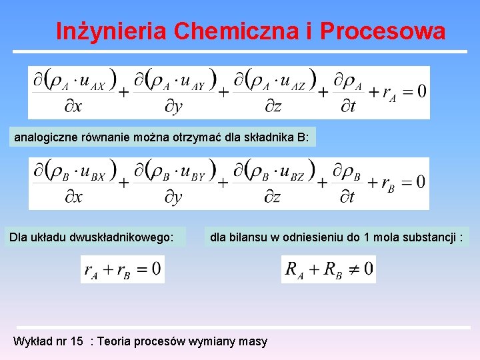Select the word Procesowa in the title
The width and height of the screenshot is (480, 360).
point(383,31)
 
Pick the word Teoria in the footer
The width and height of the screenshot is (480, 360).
point(115,341)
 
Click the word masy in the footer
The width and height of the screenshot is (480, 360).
point(253,341)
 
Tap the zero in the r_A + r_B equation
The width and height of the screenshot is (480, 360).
point(155,269)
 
